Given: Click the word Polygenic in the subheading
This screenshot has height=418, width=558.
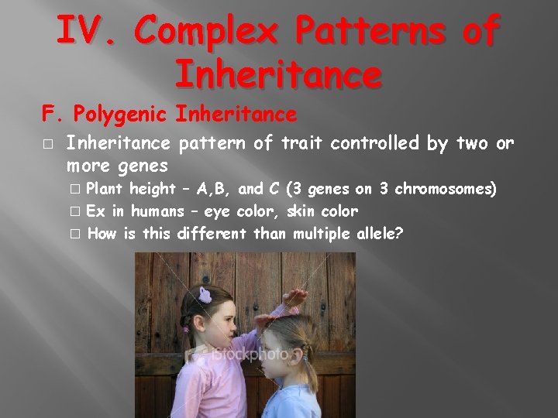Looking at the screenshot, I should point(121,115).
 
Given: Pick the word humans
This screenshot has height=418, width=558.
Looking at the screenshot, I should point(157,211).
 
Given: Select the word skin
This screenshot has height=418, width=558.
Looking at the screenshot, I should point(303,211).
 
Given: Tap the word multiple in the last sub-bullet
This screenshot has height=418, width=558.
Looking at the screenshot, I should point(321,234).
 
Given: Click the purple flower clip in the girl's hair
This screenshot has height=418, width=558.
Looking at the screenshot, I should point(205,294).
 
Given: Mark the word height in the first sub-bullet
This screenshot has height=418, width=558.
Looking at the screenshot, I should point(152,189).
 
